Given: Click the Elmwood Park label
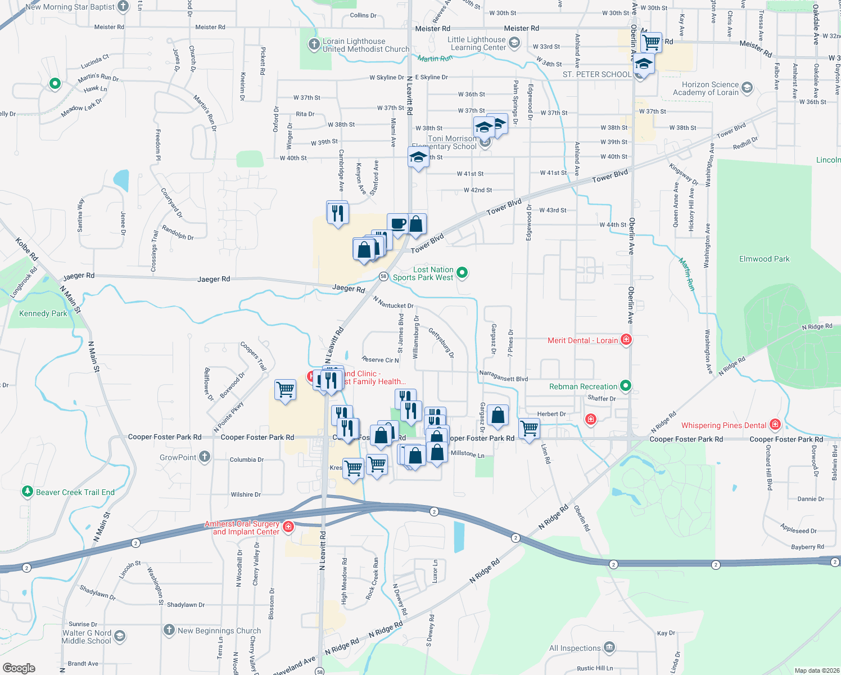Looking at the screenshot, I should click(x=764, y=259).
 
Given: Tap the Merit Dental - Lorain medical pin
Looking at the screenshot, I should click(x=626, y=340).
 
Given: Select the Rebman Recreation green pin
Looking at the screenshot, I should click(x=626, y=386).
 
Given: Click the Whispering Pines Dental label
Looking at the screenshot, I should click(x=724, y=425).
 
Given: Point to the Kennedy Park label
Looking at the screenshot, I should click(x=43, y=314).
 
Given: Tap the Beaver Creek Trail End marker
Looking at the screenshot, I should click(x=27, y=492).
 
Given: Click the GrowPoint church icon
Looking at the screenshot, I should click(x=205, y=457).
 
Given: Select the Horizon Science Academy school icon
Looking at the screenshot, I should click(x=747, y=87).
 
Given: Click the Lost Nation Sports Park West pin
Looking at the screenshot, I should click(x=462, y=273).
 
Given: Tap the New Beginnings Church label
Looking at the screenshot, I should click(x=219, y=631).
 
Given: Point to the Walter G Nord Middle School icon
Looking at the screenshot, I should click(x=119, y=636).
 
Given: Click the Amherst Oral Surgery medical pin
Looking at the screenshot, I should click(x=288, y=526).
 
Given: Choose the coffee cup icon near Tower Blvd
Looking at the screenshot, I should click(x=397, y=224).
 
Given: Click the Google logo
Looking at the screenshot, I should click(x=19, y=668).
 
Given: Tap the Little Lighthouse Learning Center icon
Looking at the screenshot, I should click(x=514, y=42).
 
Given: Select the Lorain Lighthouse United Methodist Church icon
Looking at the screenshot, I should click(x=314, y=44).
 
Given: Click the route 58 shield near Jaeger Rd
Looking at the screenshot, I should click(x=383, y=276).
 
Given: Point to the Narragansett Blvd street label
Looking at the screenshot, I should click(x=503, y=376).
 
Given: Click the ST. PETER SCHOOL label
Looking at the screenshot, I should click(x=596, y=74).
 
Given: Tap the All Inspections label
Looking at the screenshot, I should click(x=575, y=649).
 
